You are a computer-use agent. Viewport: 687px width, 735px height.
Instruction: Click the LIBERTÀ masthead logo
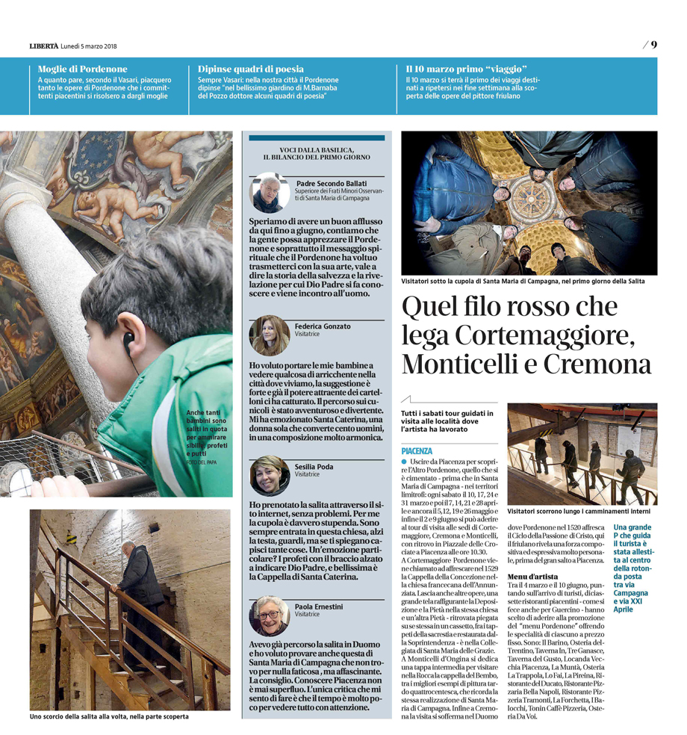tap(43, 46)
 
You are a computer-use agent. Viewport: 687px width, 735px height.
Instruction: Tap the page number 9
tap(653, 44)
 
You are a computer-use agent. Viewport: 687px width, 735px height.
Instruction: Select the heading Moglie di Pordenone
tap(82, 69)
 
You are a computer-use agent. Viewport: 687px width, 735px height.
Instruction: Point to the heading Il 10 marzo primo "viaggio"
tap(461, 69)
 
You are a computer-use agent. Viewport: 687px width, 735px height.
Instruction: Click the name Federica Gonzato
tap(323, 326)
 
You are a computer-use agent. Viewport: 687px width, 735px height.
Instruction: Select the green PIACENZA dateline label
tap(417, 451)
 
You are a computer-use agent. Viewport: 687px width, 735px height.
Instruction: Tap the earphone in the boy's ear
tap(128, 339)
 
